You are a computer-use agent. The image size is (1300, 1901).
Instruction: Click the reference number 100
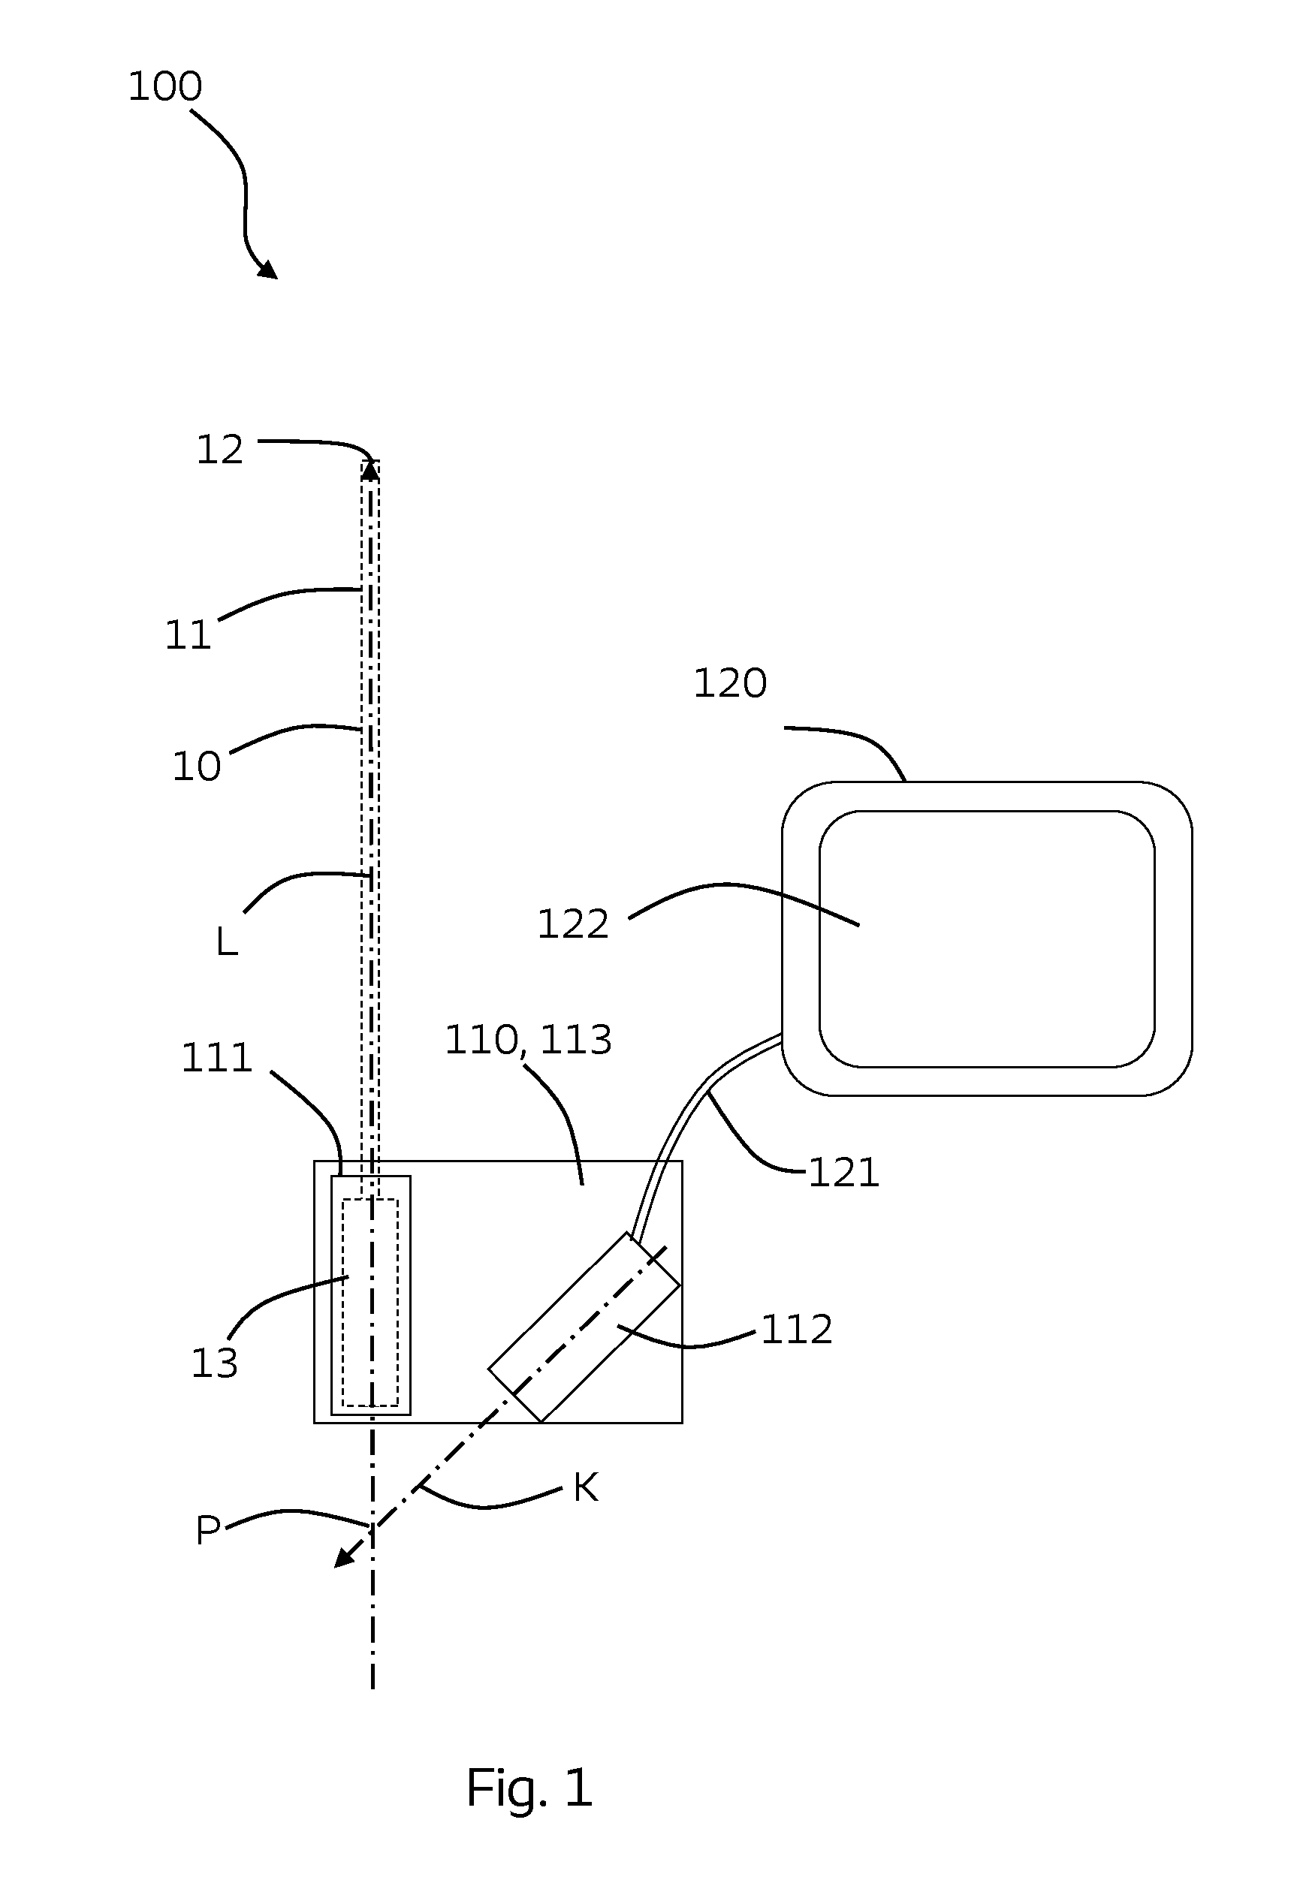click(165, 86)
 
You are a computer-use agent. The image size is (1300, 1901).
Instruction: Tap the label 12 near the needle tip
click(219, 450)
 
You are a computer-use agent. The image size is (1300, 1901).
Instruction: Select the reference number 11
click(189, 634)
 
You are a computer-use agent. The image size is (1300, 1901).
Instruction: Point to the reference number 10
click(196, 767)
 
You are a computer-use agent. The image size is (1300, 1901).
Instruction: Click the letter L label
click(227, 942)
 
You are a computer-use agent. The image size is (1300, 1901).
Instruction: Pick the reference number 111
click(217, 1058)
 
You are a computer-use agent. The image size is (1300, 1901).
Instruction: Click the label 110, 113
click(528, 1041)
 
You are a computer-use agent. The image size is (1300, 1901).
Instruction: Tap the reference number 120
click(730, 683)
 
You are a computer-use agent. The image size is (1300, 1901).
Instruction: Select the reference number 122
click(573, 924)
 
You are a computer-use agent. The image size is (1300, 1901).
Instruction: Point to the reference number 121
click(843, 1173)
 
